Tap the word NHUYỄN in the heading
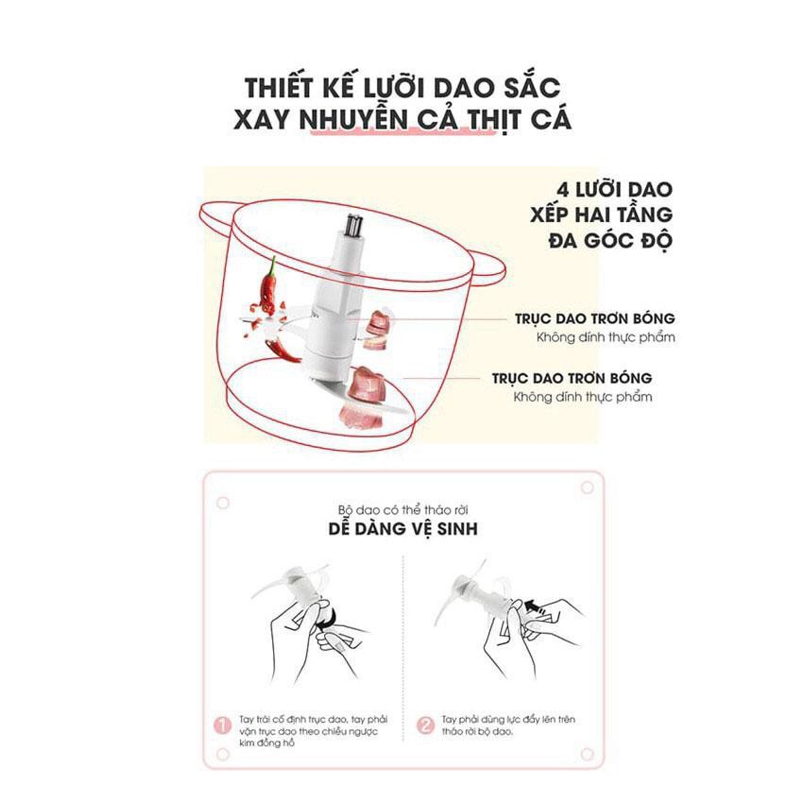pos(353,118)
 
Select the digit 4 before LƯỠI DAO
pos(563,190)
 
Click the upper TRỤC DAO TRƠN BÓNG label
pos(594,318)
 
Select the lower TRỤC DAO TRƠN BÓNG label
pos(572,379)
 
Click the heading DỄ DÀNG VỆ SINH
pos(403,528)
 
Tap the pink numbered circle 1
pos(222,726)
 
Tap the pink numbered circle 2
pos(425,726)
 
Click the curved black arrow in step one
pos(328,618)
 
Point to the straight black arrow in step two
pos(535,607)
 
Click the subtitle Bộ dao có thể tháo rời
pos(403,510)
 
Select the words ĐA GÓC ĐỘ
pos(609,240)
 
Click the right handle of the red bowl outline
pos(489,271)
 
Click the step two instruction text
pos(508,726)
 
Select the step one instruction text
pos(314,731)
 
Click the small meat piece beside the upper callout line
pos(380,320)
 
